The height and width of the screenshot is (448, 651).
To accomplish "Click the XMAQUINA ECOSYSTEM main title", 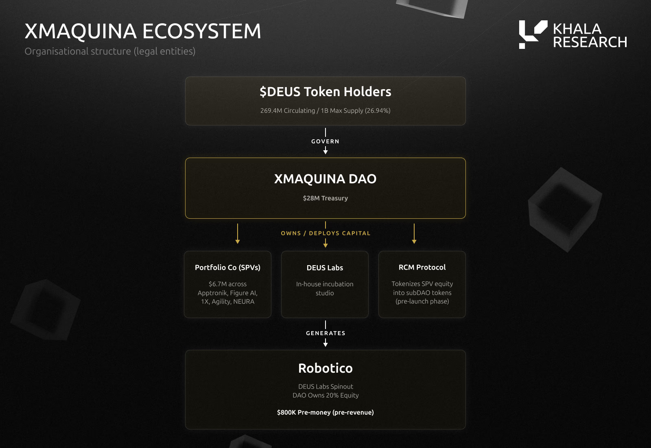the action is pos(143,31).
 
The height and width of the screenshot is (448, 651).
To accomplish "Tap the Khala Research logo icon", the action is pos(533,34).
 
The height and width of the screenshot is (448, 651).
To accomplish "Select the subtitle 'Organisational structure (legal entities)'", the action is pos(110,51).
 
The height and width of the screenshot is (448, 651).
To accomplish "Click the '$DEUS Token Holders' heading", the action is pos(325,92).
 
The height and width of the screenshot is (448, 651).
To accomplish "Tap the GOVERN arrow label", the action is pos(325,141).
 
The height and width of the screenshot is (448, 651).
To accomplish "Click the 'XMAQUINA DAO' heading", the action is pos(325,179).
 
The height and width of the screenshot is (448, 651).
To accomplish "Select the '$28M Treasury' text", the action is pos(325,198).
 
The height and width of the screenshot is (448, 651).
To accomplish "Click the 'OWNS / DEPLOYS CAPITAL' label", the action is pos(325,233).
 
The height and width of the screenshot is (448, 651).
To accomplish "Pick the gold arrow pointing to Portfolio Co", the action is pos(238,234).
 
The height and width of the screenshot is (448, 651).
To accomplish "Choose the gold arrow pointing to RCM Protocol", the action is pos(414,234).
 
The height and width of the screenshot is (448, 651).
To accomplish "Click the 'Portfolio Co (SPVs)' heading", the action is pos(227,268).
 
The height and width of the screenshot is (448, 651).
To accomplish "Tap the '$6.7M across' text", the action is pos(227,284).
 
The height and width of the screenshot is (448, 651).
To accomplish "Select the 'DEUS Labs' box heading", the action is pos(325,268).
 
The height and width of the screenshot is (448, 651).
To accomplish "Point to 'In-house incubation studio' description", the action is pos(325,289).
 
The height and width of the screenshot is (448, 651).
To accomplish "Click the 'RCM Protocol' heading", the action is pos(422,267).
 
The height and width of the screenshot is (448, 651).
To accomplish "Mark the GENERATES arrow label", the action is pos(325,333).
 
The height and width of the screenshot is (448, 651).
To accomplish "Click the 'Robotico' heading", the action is pos(325,368).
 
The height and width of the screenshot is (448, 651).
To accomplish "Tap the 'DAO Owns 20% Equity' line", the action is pos(325,395).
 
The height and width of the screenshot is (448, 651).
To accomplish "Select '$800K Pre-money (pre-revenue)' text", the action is pos(325,413).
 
